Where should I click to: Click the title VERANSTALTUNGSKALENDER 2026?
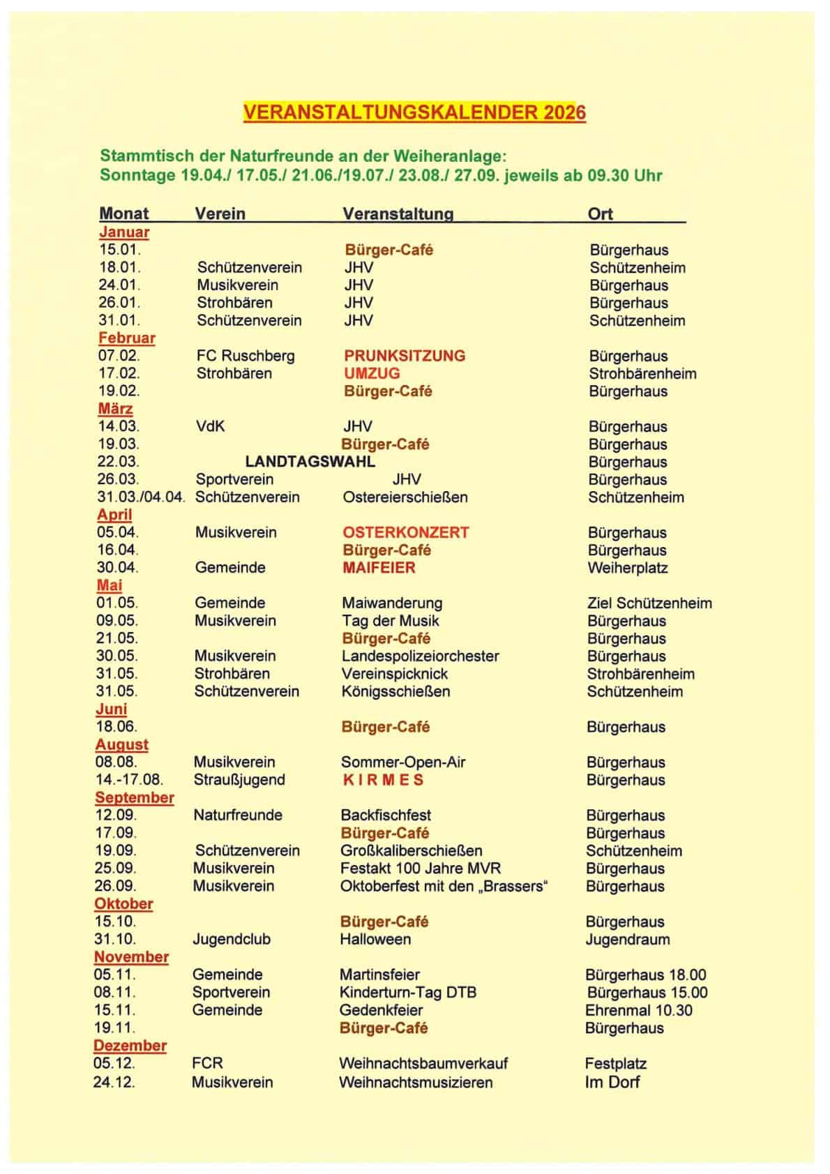(414, 113)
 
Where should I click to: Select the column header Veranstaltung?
(398, 213)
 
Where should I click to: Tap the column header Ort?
(600, 213)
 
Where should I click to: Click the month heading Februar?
(126, 338)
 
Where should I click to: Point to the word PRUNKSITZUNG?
(405, 356)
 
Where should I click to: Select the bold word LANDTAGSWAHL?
(310, 462)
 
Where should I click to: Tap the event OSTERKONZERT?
(405, 532)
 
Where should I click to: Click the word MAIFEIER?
(379, 568)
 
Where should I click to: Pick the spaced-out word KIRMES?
(383, 780)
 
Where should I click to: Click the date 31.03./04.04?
(141, 497)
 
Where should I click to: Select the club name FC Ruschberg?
(245, 356)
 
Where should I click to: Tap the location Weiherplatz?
(627, 568)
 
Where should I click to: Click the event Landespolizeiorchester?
(420, 656)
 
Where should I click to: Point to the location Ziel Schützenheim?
(649, 603)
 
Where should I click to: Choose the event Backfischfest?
(386, 815)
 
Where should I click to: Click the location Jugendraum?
(627, 940)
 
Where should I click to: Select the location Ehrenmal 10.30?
(638, 1010)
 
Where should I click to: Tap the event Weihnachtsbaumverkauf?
(423, 1064)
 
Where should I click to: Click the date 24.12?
(114, 1083)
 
